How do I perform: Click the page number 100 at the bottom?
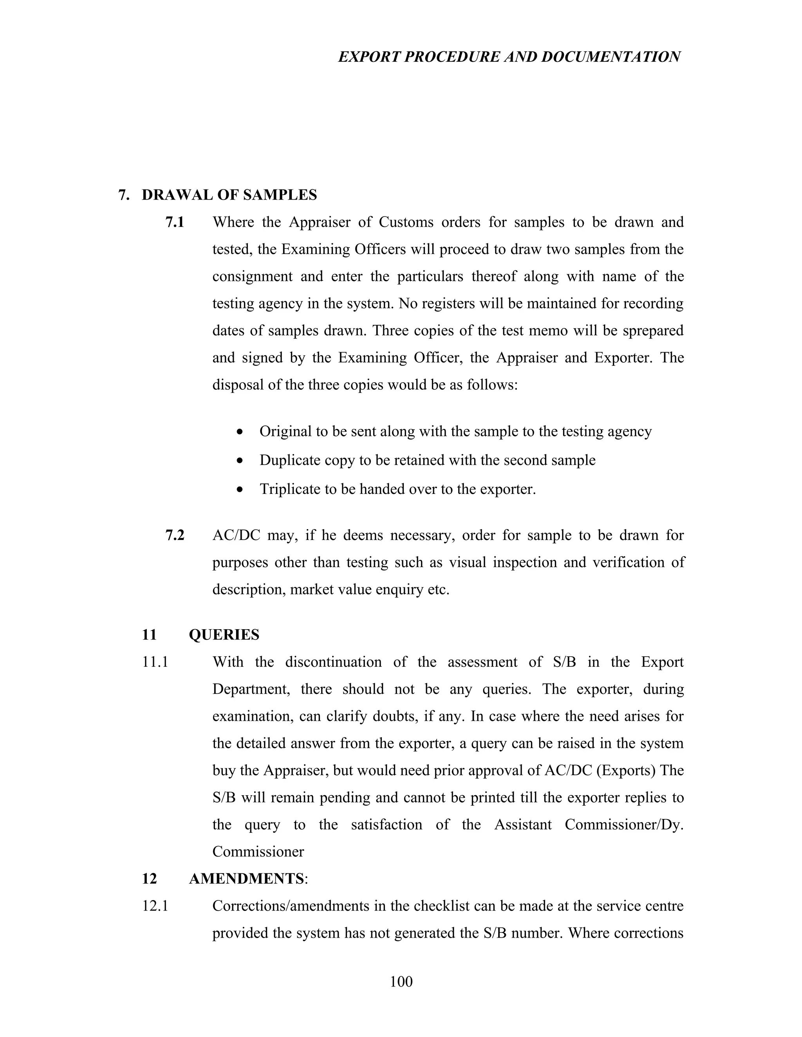point(401,981)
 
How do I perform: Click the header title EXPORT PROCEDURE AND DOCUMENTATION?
point(509,57)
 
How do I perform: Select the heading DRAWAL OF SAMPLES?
point(229,194)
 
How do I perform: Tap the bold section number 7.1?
point(174,222)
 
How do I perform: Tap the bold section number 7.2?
point(174,535)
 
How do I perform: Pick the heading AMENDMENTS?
point(246,879)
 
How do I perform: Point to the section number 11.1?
point(155,662)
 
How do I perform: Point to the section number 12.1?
point(155,906)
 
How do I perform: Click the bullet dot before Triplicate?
point(241,490)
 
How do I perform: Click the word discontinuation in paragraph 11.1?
point(333,662)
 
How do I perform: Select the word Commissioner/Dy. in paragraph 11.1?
point(624,824)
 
